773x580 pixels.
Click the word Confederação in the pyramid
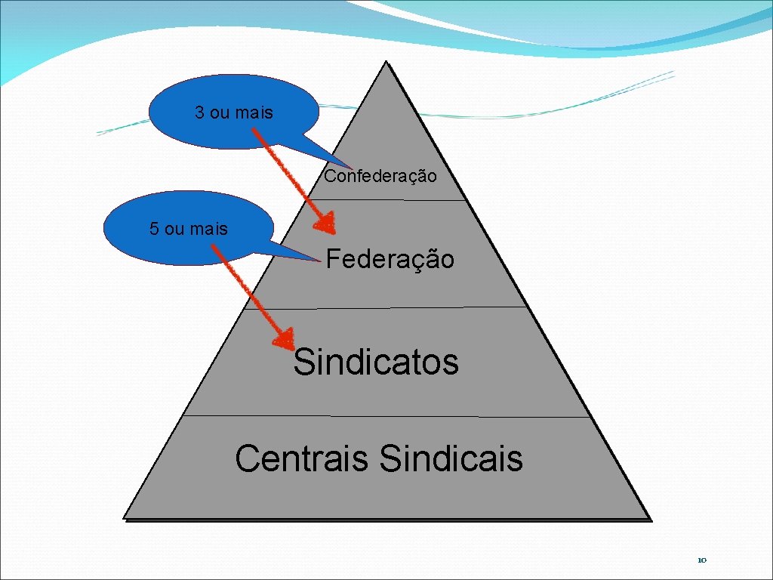tap(380, 177)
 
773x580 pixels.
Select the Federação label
tap(390, 260)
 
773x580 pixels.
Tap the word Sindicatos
tap(376, 362)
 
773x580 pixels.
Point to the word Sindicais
tap(451, 458)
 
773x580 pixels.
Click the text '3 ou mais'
tap(234, 113)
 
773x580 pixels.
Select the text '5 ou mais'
tap(189, 229)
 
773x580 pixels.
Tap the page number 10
tap(701, 560)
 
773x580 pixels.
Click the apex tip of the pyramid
tap(386, 63)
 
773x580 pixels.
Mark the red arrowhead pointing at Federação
tap(326, 223)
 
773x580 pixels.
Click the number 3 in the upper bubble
tap(199, 113)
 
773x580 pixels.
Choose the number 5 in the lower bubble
tap(154, 229)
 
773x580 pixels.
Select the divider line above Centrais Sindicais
tap(386, 415)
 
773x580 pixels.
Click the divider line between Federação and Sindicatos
tap(386, 307)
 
